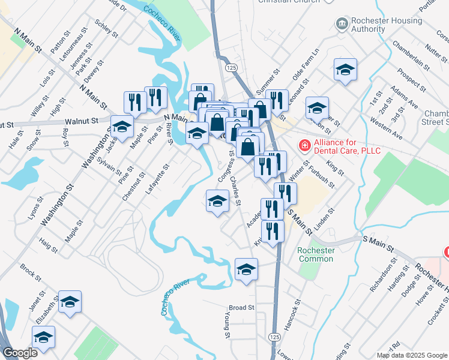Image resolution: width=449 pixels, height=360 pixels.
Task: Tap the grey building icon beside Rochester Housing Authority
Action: [x=342, y=24]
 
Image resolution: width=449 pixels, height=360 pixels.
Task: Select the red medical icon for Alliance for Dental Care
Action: [x=304, y=146]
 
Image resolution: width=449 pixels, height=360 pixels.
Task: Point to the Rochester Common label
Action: [x=315, y=254]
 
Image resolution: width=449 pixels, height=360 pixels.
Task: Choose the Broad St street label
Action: [x=242, y=308]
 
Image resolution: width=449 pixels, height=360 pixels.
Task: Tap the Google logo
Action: [x=20, y=353]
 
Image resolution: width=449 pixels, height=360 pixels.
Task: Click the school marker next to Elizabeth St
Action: [x=70, y=301]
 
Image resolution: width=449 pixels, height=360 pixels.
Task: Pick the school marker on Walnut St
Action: [x=122, y=127]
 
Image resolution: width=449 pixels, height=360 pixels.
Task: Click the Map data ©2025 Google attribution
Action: [x=412, y=355]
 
